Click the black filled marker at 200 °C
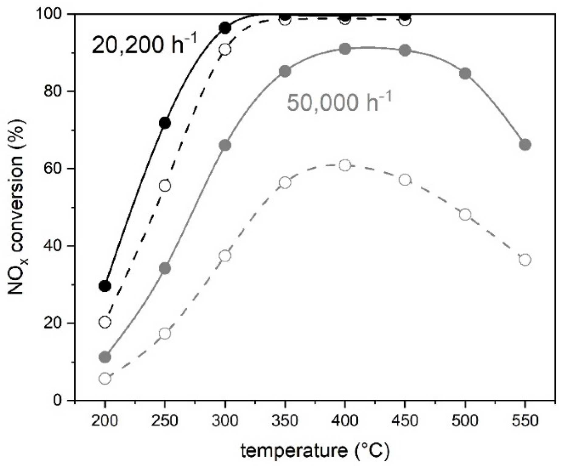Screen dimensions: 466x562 point(105,286)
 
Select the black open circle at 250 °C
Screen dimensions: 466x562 point(165,185)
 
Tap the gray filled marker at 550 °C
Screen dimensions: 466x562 point(525,145)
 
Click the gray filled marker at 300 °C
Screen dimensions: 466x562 point(225,145)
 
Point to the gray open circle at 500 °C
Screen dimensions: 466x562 point(465,215)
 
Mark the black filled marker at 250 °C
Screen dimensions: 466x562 point(165,123)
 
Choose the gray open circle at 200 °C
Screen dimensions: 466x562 point(105,379)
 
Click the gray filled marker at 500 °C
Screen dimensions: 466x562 point(465,74)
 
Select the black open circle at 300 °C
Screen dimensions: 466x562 point(225,50)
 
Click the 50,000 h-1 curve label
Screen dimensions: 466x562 point(339,102)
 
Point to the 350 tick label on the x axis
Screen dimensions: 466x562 point(285,421)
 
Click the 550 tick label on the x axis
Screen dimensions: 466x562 point(525,421)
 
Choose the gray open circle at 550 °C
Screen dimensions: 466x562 point(525,260)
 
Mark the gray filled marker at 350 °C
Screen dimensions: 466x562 point(285,71)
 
